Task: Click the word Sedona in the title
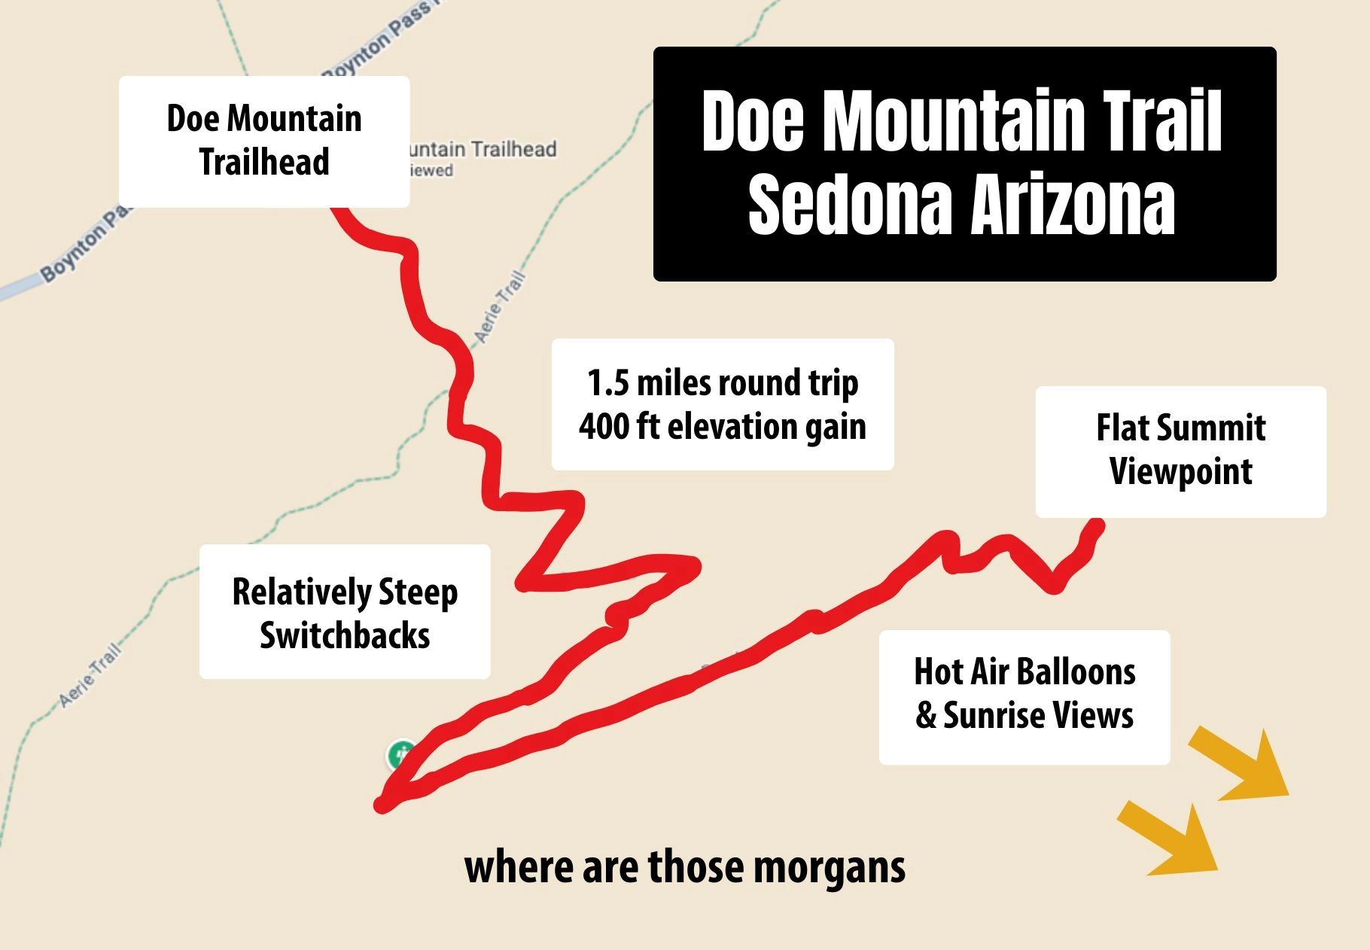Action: pos(850,205)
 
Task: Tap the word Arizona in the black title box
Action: pos(1073,205)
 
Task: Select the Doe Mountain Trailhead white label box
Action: pos(264,141)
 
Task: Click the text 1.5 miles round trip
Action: pos(723,382)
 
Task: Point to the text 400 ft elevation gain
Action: pos(723,427)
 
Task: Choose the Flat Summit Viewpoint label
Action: pos(1180,451)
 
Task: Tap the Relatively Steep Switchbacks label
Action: pos(345,612)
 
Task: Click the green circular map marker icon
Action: pos(401,754)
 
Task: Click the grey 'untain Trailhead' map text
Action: pos(482,149)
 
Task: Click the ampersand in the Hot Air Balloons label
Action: pos(926,716)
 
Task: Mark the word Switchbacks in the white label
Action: pos(345,635)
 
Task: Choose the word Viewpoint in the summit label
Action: pos(1180,472)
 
